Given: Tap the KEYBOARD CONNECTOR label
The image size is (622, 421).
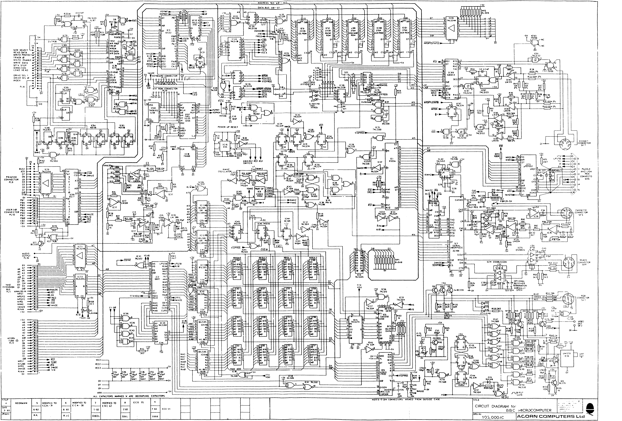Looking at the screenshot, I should pyautogui.click(x=164, y=76).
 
